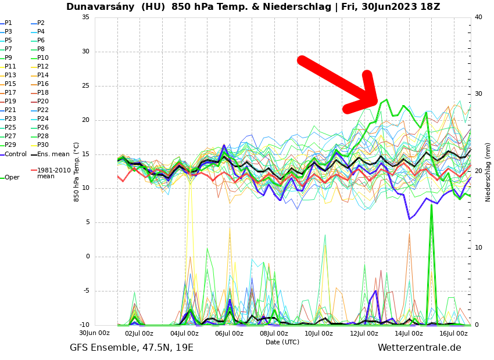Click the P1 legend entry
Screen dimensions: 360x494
coord(8,23)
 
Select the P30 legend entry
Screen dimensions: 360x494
coord(43,145)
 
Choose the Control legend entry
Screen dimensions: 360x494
coord(15,154)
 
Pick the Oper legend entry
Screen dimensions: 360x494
coord(12,178)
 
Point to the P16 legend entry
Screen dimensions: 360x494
coord(43,84)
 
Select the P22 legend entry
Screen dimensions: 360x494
coord(43,110)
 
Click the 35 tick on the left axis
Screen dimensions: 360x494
coord(85,17)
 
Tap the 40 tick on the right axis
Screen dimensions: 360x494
coord(478,17)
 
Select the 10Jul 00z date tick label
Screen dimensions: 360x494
coord(319,334)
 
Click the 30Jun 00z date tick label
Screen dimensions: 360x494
coord(94,333)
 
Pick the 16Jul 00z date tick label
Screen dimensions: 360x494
coord(453,334)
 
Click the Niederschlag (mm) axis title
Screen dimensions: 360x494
coord(488,172)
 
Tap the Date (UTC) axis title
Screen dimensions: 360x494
coord(282,343)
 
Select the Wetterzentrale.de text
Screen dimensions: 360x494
coord(419,348)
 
